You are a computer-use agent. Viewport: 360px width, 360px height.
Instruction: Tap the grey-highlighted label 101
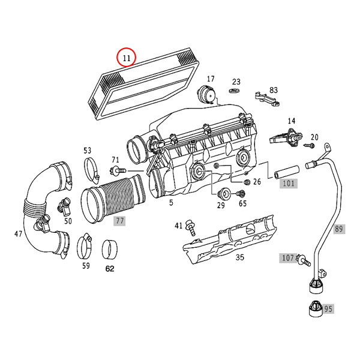(289, 184)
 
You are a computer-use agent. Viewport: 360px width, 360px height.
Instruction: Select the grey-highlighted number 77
(119, 221)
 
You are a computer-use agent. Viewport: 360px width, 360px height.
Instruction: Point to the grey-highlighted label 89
(339, 229)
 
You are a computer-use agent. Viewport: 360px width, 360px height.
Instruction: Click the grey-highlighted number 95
(328, 309)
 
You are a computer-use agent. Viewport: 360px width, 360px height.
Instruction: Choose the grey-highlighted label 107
(287, 258)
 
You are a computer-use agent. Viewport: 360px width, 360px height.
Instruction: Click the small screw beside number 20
(309, 145)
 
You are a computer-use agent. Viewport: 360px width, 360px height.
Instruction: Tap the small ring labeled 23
(234, 90)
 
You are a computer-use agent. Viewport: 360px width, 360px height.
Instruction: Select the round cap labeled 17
(206, 95)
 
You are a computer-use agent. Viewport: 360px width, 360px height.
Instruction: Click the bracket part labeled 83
(267, 99)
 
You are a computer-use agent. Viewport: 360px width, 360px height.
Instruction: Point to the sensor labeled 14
(286, 137)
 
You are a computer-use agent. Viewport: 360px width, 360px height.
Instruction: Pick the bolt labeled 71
(118, 170)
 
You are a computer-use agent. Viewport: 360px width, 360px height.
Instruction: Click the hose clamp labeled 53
(92, 171)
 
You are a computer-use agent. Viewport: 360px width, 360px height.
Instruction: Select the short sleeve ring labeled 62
(110, 250)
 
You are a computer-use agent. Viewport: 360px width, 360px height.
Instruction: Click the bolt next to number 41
(190, 227)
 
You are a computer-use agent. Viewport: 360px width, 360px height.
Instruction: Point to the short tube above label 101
(286, 172)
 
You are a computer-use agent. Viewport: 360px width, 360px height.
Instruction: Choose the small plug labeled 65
(240, 194)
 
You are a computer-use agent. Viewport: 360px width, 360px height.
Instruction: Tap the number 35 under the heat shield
(239, 257)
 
